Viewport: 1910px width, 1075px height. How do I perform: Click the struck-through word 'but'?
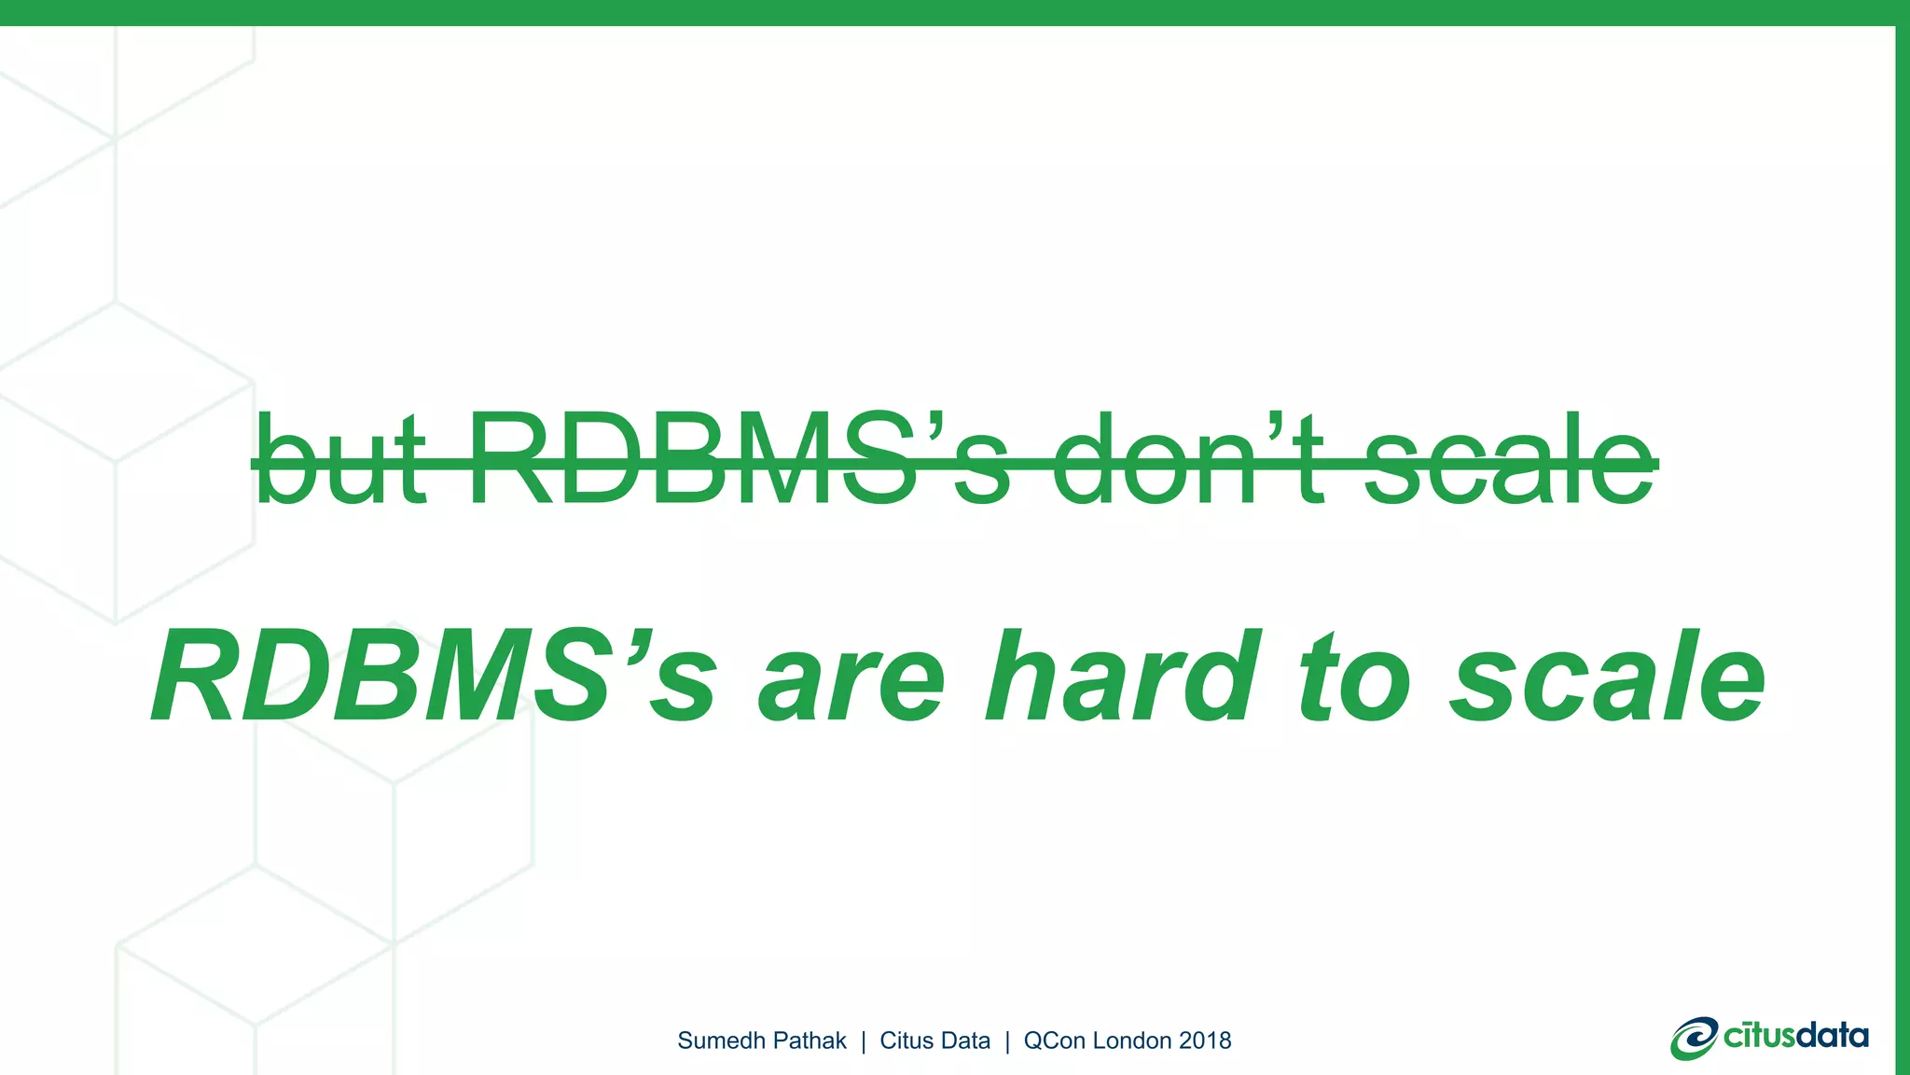pos(340,459)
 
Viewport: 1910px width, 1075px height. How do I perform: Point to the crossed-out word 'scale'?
pos(1509,459)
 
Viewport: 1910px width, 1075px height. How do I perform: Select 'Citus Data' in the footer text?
pos(934,1040)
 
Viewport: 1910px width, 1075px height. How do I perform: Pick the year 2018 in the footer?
pos(1205,1040)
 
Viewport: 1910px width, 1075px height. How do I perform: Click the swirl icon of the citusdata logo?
pos(1694,1039)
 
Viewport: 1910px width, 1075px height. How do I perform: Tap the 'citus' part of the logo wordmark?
pos(1759,1036)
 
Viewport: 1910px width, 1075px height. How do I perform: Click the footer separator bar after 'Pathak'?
pos(864,1041)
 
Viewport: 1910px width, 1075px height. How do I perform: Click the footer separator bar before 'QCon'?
pos(1007,1041)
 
